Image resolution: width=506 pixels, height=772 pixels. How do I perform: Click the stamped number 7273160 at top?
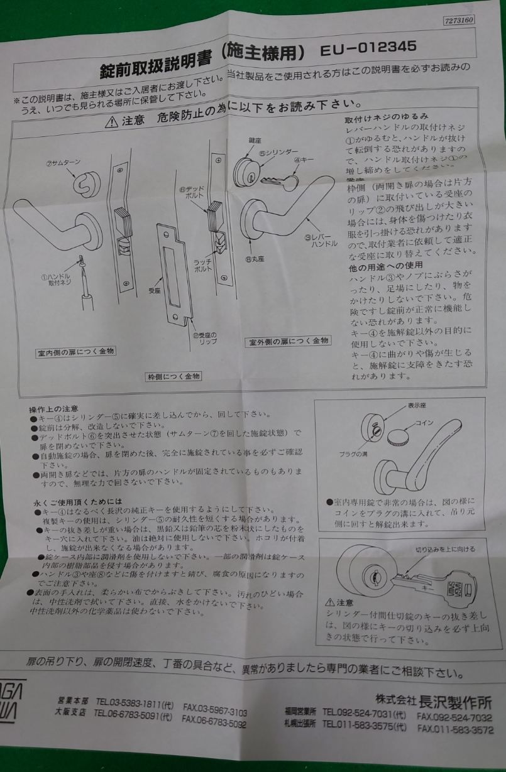[459, 21]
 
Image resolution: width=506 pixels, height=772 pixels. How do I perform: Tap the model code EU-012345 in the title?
[368, 50]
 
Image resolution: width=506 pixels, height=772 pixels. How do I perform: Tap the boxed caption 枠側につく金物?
[169, 377]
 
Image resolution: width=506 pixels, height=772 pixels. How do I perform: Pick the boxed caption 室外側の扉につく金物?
[289, 341]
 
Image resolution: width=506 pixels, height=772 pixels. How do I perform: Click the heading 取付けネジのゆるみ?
[386, 117]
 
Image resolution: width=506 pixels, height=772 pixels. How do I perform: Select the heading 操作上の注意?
[53, 408]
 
